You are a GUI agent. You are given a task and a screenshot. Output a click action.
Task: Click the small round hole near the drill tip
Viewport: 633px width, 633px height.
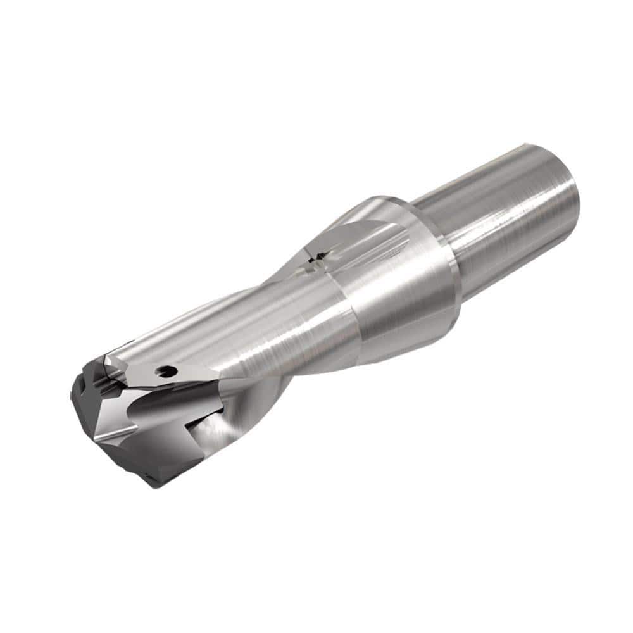[x=168, y=370]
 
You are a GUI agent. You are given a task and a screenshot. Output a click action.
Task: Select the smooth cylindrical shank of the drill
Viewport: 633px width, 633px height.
[x=506, y=215]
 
